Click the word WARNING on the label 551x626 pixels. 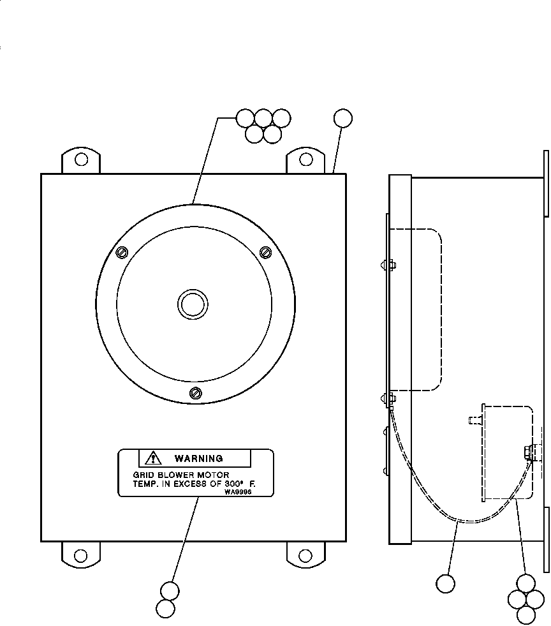pyautogui.click(x=198, y=458)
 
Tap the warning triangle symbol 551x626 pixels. pyautogui.click(x=154, y=458)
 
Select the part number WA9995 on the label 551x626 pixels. pyautogui.click(x=238, y=492)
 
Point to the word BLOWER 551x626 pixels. pyautogui.click(x=172, y=475)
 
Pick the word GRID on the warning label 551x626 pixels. pyautogui.click(x=143, y=475)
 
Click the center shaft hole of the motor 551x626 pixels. pyautogui.click(x=192, y=304)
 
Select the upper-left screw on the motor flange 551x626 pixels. pyautogui.click(x=123, y=253)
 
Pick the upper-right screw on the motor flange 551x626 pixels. pyautogui.click(x=267, y=252)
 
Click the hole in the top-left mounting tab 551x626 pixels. pyautogui.click(x=81, y=158)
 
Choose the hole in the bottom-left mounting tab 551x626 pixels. pyautogui.click(x=81, y=555)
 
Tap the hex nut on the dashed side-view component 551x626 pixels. pyautogui.click(x=529, y=452)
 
